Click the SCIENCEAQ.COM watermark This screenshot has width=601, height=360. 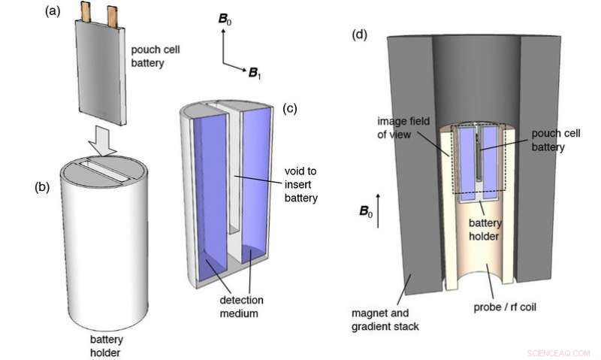(559, 351)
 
